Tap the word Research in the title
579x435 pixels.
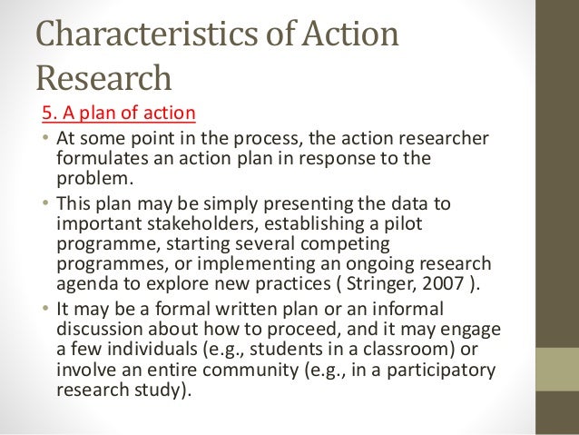[103, 79]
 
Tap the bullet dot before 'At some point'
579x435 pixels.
[45, 140]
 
